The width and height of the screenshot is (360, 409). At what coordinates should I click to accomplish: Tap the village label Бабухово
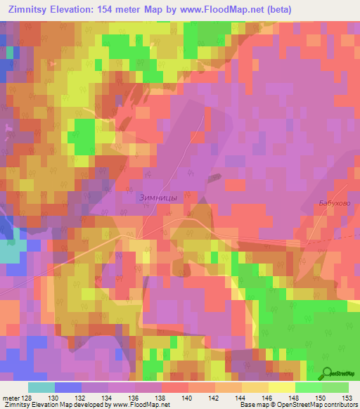click(x=330, y=202)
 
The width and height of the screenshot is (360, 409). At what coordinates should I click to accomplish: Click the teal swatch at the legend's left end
click(x=41, y=387)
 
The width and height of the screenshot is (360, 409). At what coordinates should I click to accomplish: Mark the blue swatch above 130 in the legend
click(x=67, y=387)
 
